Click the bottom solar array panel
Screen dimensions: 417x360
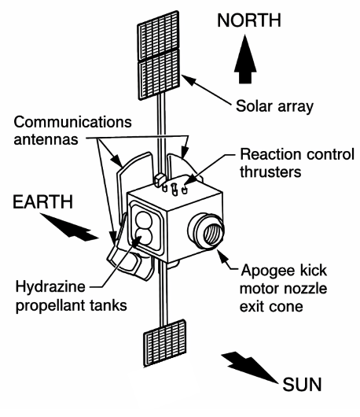pyautogui.click(x=164, y=345)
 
